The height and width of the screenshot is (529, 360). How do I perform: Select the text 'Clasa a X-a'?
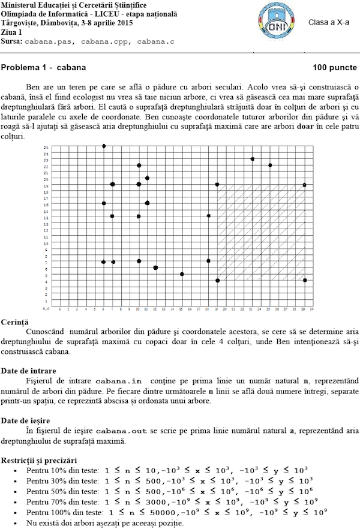pyautogui.click(x=328, y=22)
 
